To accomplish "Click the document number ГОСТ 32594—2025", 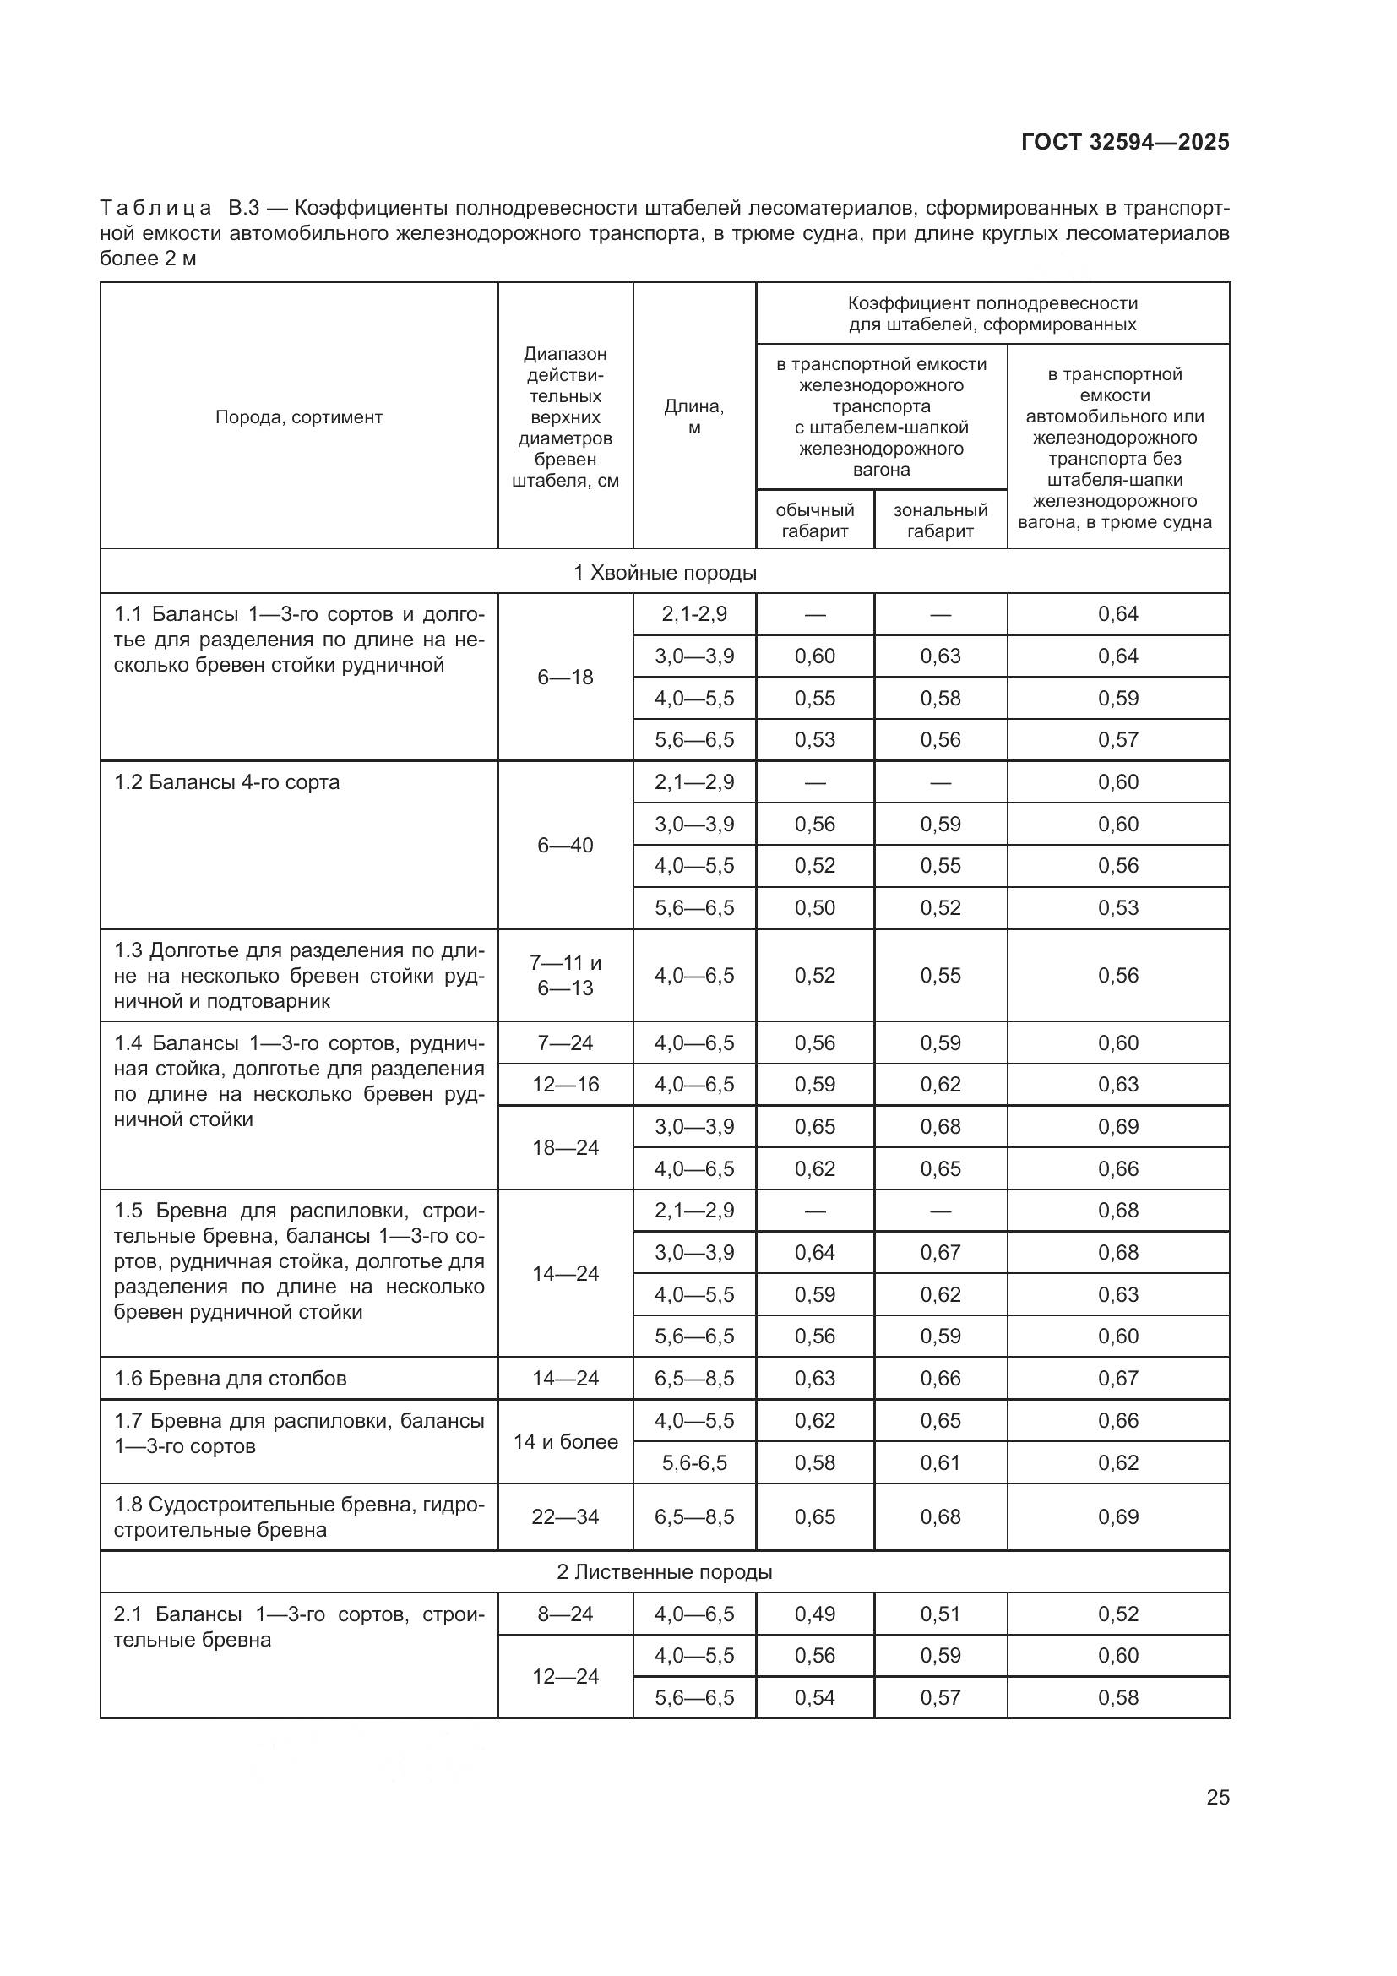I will pos(1124,143).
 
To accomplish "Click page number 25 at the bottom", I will pos(1217,1797).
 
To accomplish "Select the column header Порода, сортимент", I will pos(298,417).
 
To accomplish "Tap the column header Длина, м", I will pos(693,416).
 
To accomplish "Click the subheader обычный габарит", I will pos(813,520).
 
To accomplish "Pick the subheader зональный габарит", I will pos(939,520).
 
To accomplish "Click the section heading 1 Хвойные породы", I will pos(664,573).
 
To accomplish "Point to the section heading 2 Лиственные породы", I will pos(664,1572).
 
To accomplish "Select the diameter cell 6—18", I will pos(565,678).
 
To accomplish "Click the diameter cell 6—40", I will pos(565,845).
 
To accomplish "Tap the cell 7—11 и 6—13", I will pos(565,975).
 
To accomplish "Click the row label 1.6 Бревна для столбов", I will pos(230,1379).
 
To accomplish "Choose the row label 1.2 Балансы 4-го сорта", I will pos(226,782).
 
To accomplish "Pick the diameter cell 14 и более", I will pos(565,1441).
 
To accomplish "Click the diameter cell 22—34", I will pos(565,1517).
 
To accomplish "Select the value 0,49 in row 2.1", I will pos(813,1614).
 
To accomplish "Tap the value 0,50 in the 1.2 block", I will pos(813,908).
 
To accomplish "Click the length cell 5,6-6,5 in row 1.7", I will pos(693,1463).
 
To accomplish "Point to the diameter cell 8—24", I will pos(565,1614).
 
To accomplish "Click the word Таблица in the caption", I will pos(155,209).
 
